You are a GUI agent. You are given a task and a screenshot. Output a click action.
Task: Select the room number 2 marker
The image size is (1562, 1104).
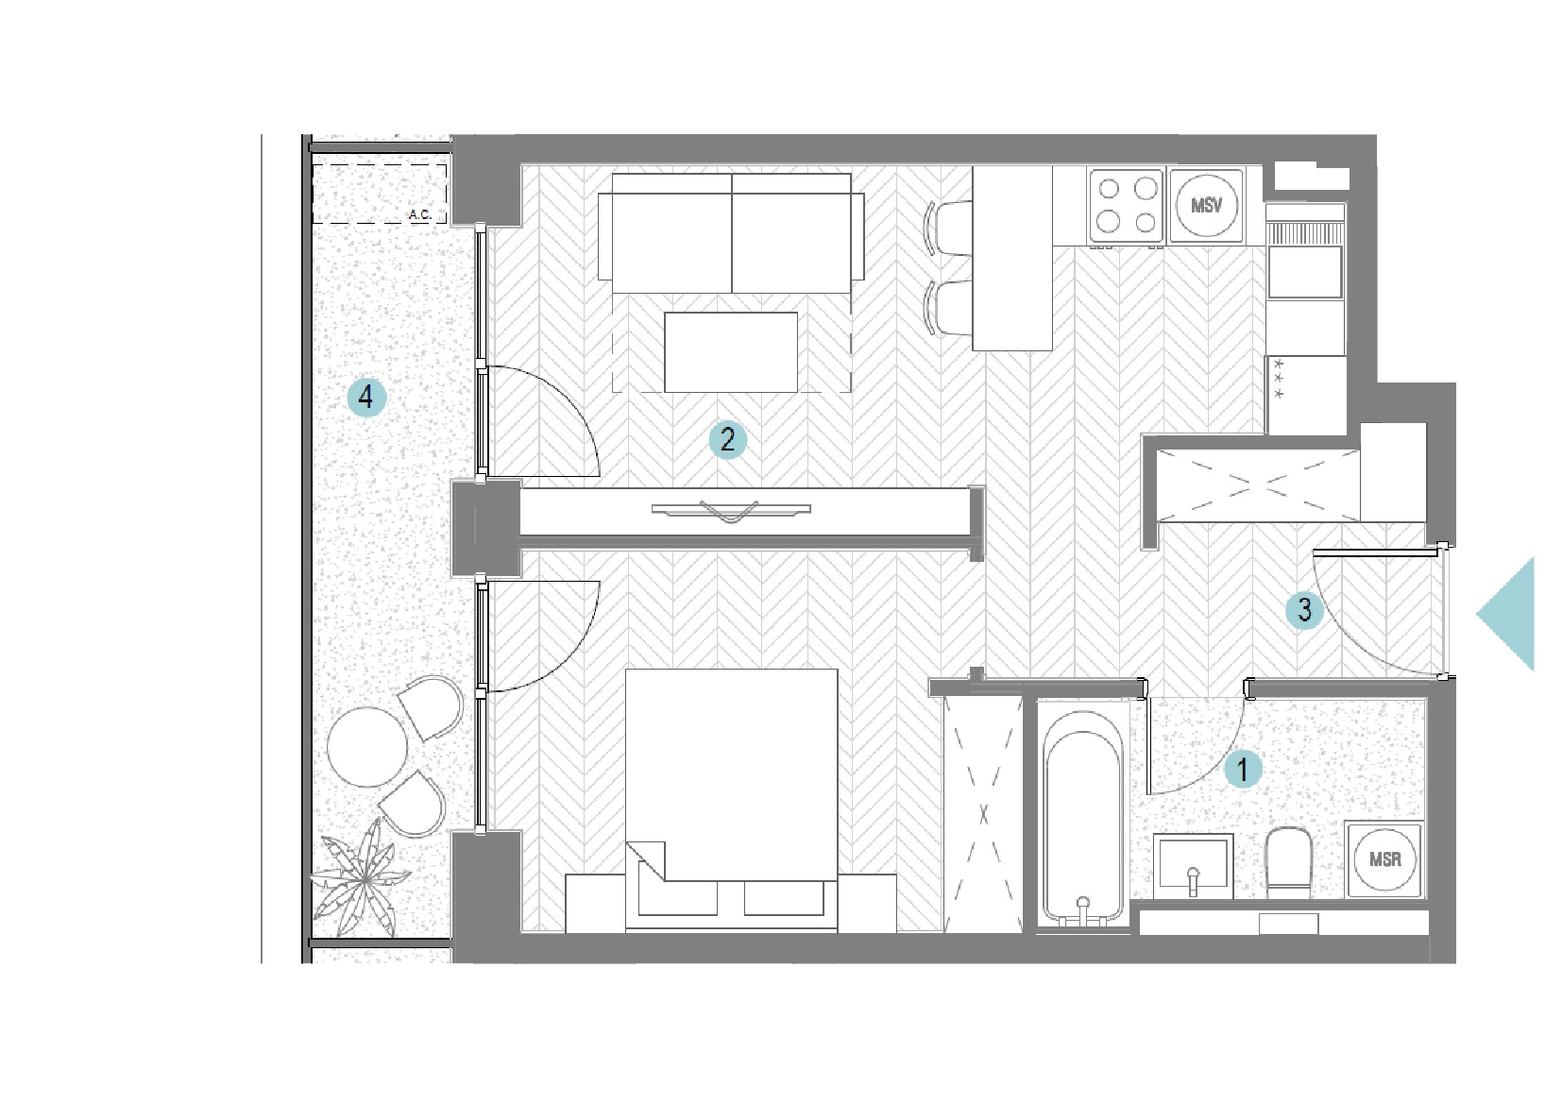[x=727, y=440]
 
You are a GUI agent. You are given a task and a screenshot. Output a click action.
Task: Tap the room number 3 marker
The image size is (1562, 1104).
[x=1305, y=610]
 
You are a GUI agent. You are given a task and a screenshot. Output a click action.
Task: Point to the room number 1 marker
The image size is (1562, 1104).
[x=1243, y=770]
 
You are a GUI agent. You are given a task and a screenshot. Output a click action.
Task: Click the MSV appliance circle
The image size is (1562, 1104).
[x=1206, y=205]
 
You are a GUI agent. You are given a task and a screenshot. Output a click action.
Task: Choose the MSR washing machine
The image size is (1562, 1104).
[x=1384, y=859]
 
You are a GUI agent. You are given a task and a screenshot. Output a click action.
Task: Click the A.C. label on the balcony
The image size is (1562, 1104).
[x=420, y=214]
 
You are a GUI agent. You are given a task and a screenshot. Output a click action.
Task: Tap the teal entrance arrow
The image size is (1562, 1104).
[x=1505, y=614]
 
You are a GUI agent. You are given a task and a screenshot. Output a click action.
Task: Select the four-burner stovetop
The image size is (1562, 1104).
[x=1127, y=208]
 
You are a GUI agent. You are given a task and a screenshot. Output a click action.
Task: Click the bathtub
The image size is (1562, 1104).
[x=1083, y=815]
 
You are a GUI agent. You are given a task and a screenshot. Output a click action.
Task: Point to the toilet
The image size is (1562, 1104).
[x=1289, y=863]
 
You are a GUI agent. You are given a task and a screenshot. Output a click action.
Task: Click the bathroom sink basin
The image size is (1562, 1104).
[x=1193, y=865]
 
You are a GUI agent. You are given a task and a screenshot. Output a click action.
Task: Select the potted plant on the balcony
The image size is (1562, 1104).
[x=363, y=878]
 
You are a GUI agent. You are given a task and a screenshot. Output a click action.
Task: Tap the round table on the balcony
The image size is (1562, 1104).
[x=366, y=747]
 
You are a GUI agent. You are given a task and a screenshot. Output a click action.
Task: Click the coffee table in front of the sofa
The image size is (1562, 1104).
[x=731, y=352]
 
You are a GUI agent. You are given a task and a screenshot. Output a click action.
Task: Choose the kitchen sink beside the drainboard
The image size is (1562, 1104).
[x=1305, y=272]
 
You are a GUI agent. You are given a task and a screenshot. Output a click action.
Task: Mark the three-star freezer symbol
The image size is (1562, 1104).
[x=1278, y=379]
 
